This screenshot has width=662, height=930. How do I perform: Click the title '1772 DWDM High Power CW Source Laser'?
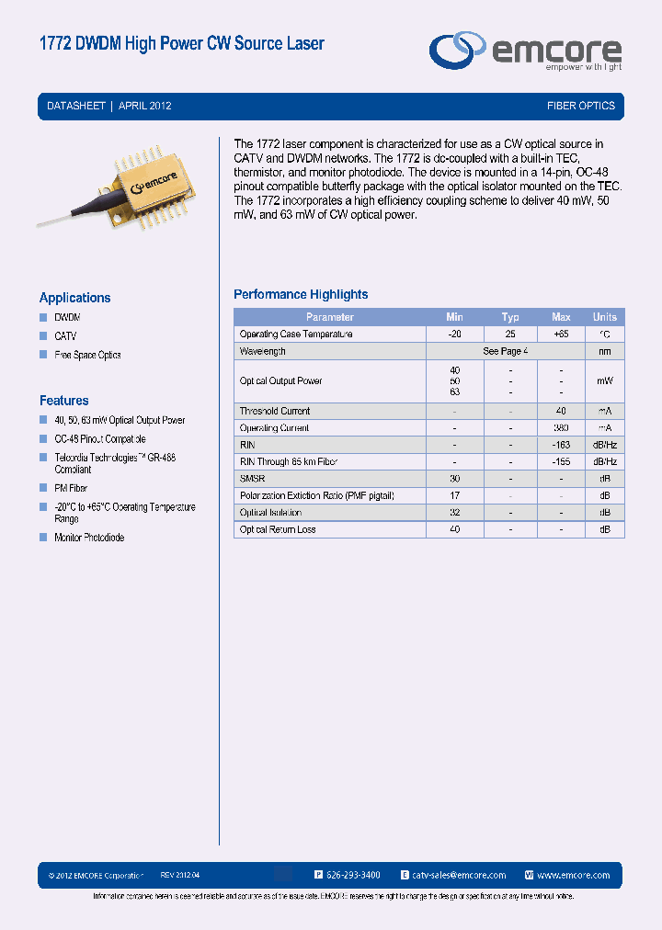(182, 43)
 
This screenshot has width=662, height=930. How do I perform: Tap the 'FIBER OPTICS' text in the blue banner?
(580, 106)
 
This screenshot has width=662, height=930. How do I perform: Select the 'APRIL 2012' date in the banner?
(145, 106)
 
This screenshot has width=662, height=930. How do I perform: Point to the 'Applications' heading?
(74, 298)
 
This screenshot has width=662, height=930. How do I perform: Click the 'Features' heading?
(63, 401)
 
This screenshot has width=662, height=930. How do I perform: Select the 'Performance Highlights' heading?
(301, 294)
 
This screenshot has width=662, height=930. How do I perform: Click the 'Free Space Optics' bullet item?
(87, 355)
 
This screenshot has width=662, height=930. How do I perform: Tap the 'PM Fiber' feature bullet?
(71, 488)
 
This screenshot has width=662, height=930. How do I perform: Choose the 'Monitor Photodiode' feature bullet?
(89, 538)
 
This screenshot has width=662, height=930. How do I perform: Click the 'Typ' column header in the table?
(510, 317)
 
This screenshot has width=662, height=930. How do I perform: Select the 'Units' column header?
(605, 317)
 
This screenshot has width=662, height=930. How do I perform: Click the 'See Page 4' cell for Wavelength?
(505, 351)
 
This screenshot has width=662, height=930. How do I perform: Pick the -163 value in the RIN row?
(561, 445)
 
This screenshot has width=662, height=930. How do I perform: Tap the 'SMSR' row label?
(252, 479)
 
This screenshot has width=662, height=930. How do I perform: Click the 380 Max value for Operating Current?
(561, 428)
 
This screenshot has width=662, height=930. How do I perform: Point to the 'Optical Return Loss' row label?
(278, 530)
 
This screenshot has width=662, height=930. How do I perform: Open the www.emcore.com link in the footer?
(573, 876)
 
